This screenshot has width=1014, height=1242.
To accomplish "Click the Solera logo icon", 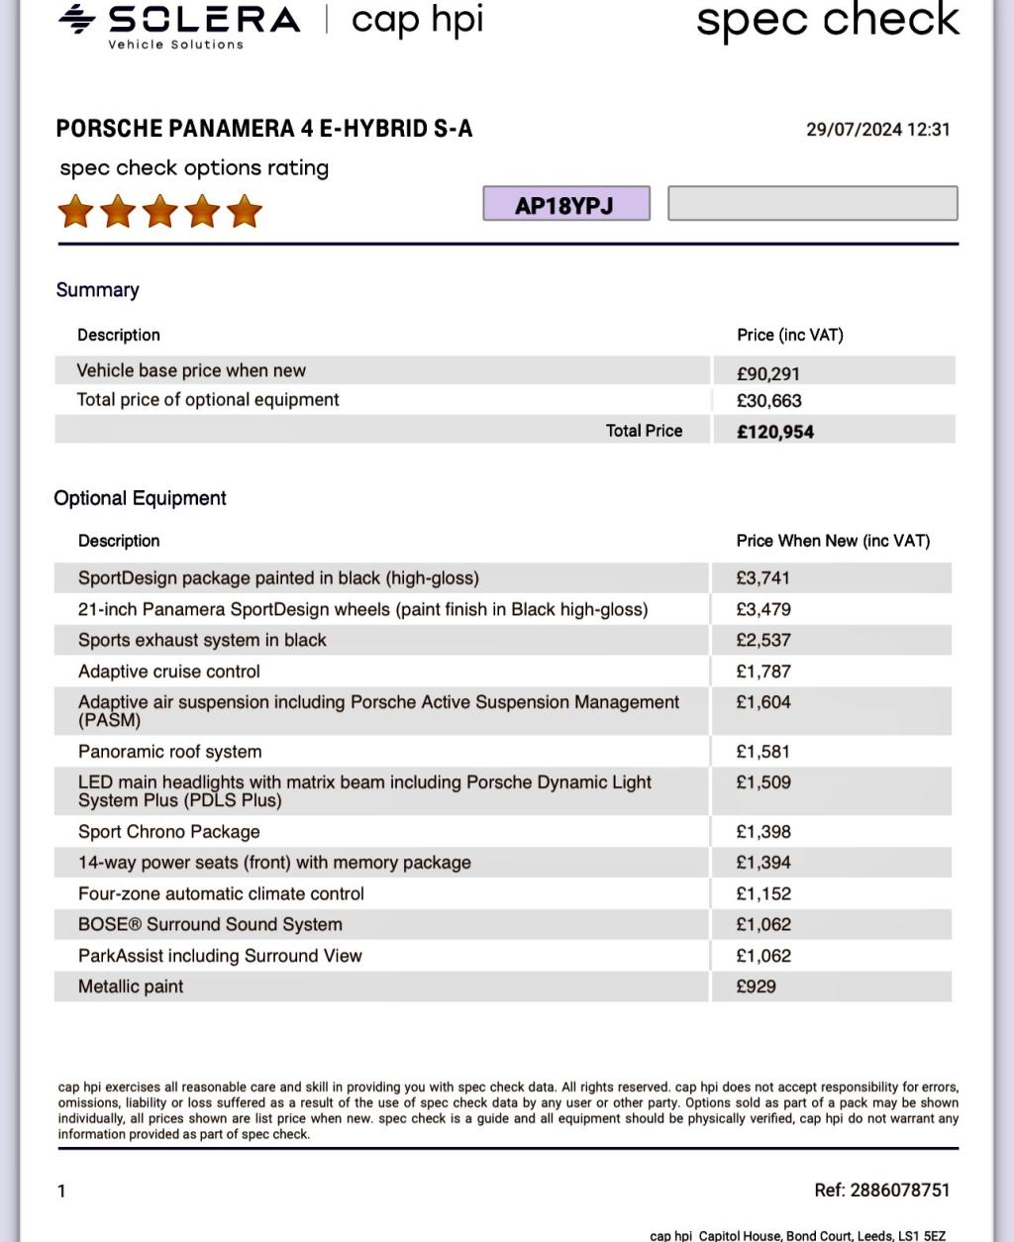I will (77, 19).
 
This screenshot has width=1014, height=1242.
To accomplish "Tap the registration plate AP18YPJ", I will (565, 205).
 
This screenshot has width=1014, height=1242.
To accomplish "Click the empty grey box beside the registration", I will (812, 203).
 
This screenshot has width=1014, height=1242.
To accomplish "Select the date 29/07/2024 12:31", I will (877, 130).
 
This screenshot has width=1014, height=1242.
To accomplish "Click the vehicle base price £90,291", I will (768, 373).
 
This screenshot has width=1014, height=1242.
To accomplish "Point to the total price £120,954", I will (775, 432).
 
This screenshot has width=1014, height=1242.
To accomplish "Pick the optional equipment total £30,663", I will (769, 401).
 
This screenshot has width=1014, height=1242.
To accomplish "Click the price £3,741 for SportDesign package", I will (763, 577).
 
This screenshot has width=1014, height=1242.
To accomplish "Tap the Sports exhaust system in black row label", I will (202, 640).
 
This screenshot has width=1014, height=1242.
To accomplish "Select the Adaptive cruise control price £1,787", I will (763, 672).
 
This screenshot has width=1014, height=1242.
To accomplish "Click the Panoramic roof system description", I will (170, 752).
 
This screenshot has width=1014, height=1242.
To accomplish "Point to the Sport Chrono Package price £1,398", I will (763, 832).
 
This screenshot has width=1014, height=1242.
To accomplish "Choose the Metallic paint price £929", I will (757, 986).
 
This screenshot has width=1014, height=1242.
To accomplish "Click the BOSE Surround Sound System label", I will (210, 924).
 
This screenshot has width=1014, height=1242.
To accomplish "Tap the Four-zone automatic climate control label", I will (221, 893).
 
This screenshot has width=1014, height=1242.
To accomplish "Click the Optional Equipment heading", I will (140, 498).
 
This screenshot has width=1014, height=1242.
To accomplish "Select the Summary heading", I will (97, 290).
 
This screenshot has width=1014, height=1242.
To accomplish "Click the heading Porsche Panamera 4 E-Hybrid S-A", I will (264, 129).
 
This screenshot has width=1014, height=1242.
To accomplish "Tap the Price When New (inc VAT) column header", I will (833, 541).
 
